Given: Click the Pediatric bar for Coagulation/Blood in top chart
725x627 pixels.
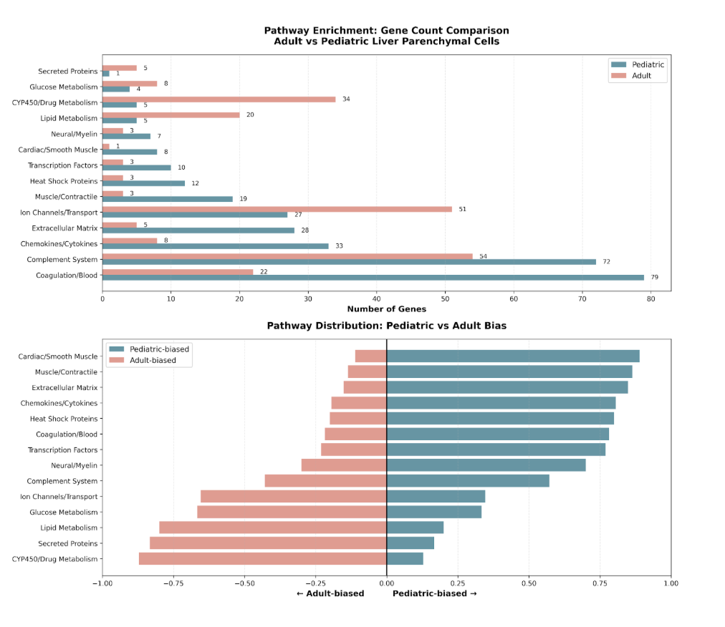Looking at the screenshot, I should click(x=373, y=277).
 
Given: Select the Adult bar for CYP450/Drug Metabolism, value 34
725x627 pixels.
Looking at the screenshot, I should click(x=219, y=99).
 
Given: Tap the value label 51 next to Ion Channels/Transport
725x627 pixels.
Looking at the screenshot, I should click(x=462, y=210).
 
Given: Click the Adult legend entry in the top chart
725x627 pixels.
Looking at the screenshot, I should click(x=641, y=76).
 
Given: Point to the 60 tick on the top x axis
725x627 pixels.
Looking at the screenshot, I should click(x=514, y=300).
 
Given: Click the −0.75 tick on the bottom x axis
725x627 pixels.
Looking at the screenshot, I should click(x=173, y=583).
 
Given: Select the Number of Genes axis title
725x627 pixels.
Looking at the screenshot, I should click(x=386, y=309).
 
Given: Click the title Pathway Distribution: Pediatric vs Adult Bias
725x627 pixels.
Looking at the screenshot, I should click(x=386, y=326).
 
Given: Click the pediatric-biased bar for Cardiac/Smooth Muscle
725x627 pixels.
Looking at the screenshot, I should click(x=512, y=356).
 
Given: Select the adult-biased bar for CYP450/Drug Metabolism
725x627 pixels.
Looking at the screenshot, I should click(x=262, y=559).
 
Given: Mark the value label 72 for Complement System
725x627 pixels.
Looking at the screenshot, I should click(x=606, y=262).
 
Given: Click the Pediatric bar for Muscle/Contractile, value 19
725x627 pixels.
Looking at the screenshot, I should click(x=167, y=199).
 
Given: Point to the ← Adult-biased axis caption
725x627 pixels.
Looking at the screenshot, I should click(x=330, y=593).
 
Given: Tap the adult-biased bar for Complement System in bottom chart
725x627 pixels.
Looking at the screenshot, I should click(x=325, y=481).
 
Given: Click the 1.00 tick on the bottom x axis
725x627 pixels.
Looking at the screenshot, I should click(x=671, y=583).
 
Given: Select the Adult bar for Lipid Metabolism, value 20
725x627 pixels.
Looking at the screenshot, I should click(x=171, y=115).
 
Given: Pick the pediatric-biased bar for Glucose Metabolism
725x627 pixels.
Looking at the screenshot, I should click(x=433, y=512).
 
